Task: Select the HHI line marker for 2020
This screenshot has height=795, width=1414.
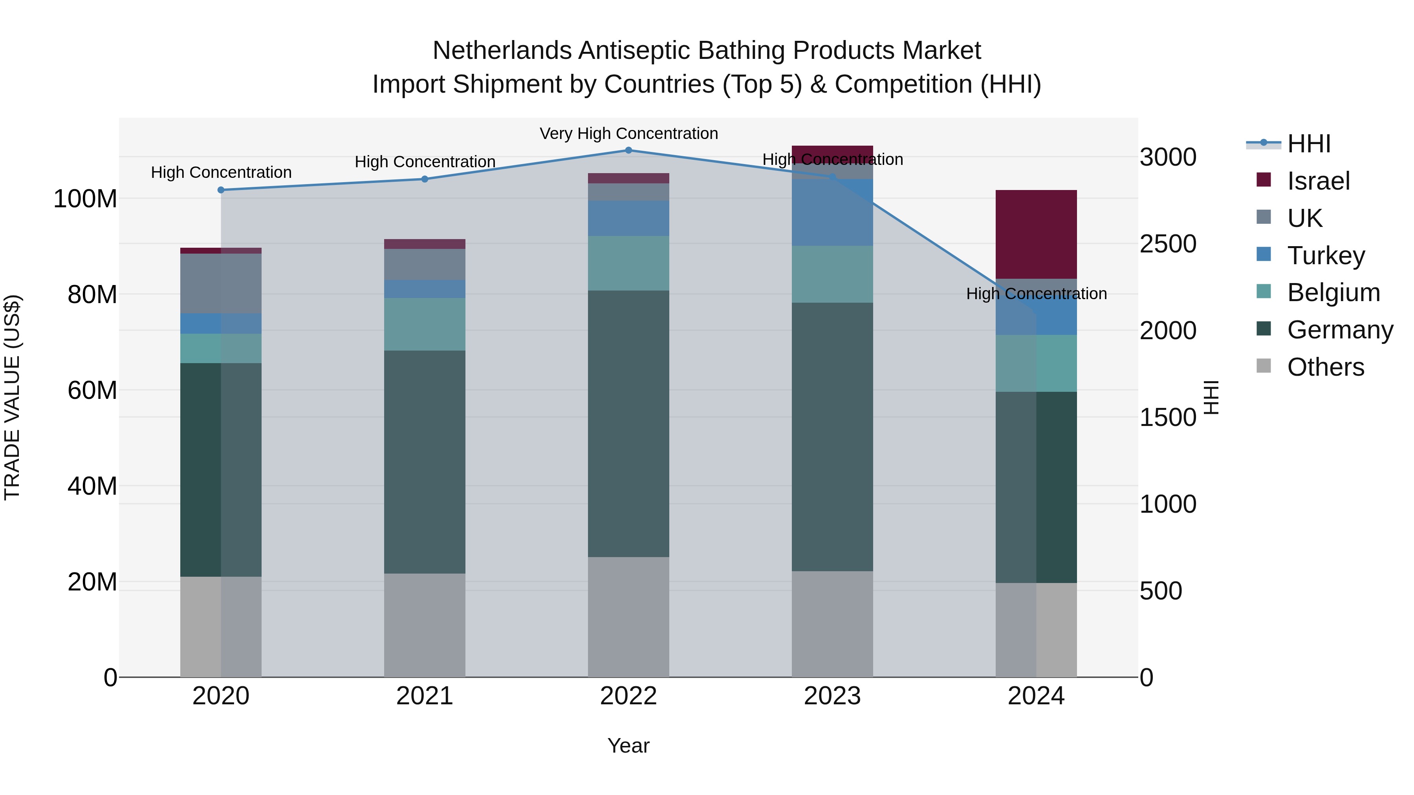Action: (221, 190)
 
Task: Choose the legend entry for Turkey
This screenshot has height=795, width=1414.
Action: (1326, 256)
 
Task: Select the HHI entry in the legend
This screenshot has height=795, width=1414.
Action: (1309, 144)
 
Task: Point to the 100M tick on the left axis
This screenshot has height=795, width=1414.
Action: (85, 199)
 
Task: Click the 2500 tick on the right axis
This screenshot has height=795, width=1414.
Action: (1168, 244)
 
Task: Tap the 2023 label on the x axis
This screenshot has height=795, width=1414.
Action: (832, 696)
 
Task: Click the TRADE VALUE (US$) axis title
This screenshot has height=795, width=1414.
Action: (12, 397)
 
